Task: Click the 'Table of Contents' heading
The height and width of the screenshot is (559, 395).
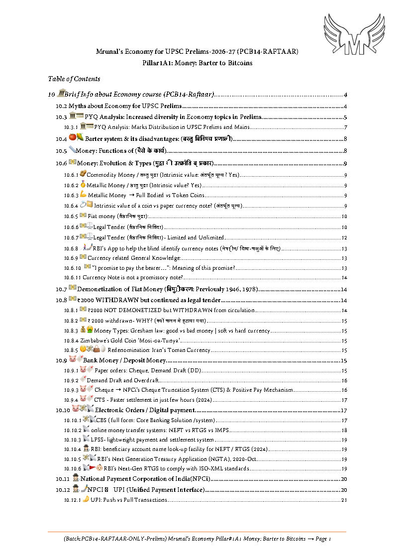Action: click(74, 79)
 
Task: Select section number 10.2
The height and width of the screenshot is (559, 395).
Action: click(61, 106)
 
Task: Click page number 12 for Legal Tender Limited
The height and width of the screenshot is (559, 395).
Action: click(344, 237)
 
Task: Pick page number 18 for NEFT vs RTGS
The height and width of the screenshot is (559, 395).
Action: click(344, 430)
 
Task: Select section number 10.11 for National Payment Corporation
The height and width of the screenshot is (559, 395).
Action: click(62, 479)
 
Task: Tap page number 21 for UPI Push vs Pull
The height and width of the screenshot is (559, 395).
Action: click(344, 500)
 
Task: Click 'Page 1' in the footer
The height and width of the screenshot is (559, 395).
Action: click(323, 539)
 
